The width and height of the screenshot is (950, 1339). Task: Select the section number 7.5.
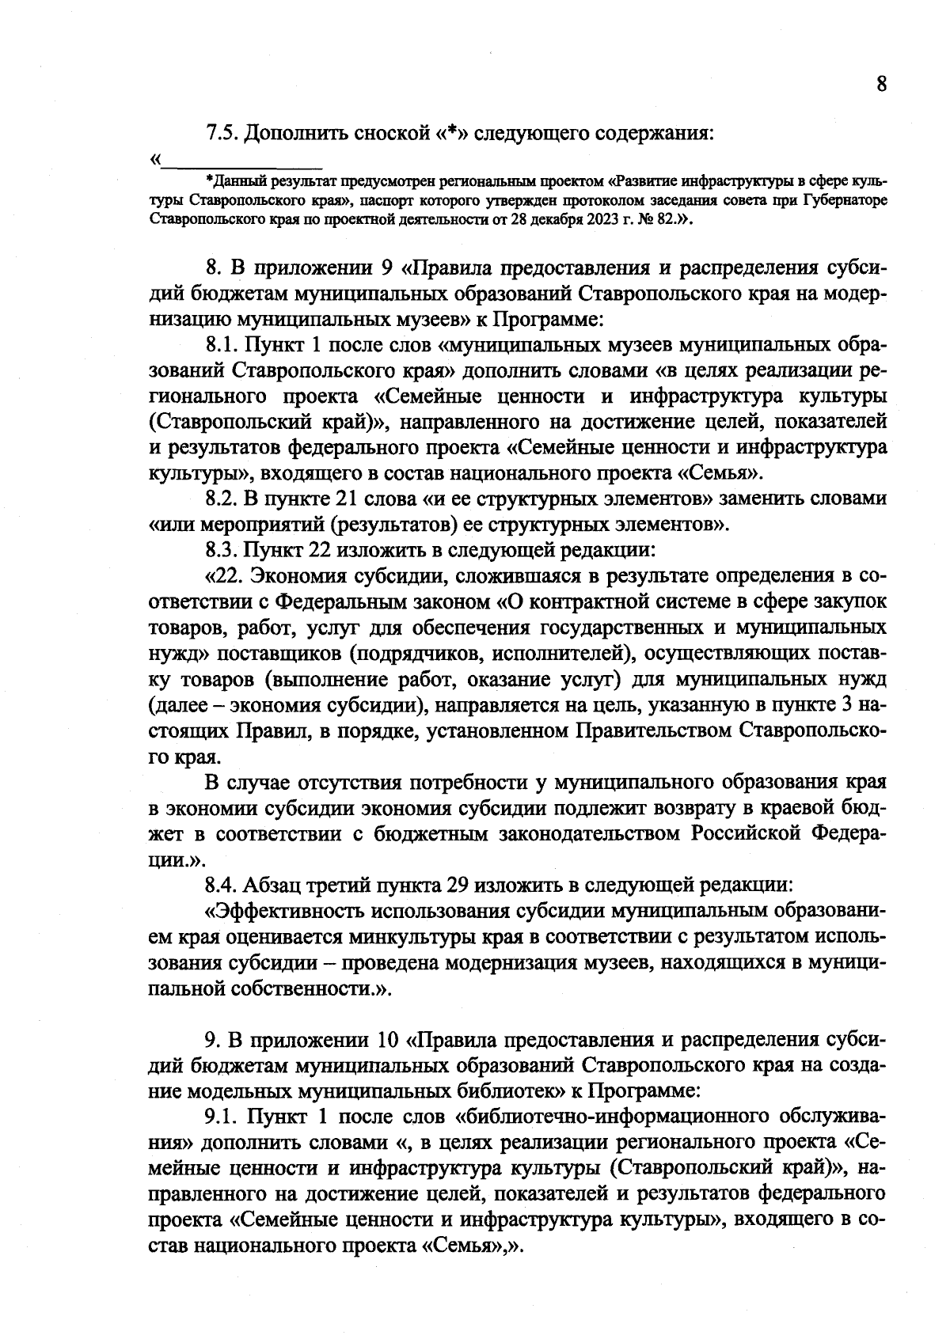pos(222,133)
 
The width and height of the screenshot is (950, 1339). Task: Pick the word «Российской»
pos(754,833)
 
